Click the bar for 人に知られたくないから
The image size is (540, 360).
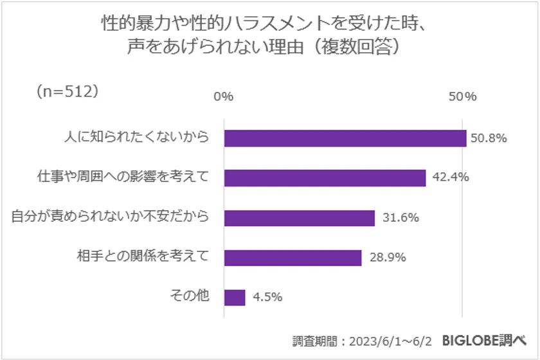click(x=345, y=138)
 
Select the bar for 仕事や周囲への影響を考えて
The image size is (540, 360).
click(x=325, y=178)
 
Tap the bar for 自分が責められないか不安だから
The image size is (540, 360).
click(x=299, y=218)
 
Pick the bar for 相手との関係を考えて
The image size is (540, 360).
click(x=292, y=258)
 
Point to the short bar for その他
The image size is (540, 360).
click(x=235, y=298)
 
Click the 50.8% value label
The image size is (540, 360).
click(x=489, y=138)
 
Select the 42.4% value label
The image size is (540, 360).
click(x=449, y=178)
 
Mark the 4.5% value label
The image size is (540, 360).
click(x=266, y=298)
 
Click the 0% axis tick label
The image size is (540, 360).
click(x=223, y=96)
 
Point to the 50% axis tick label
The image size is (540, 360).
click(x=463, y=96)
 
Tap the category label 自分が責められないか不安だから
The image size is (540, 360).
click(x=111, y=217)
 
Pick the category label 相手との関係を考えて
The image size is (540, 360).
click(x=143, y=256)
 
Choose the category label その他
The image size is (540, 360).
click(x=189, y=296)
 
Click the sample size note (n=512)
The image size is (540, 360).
click(x=67, y=91)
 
